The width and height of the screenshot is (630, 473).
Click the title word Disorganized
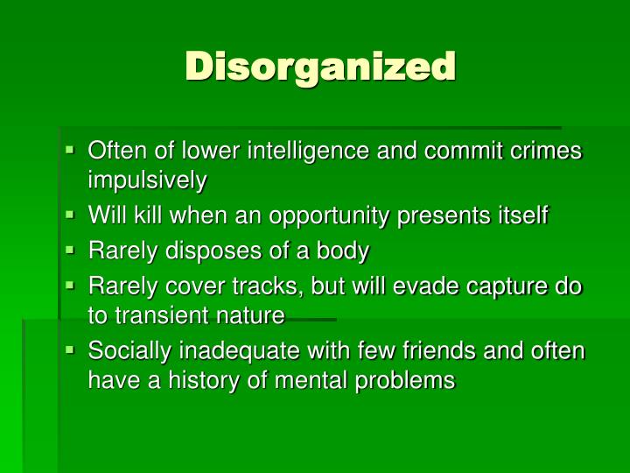point(320,66)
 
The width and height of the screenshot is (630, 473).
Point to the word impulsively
point(148,180)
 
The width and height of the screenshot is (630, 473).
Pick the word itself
point(521,215)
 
